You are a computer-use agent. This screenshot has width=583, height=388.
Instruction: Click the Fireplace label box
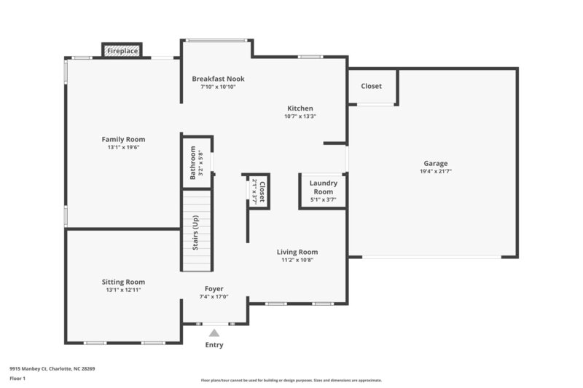click(x=121, y=51)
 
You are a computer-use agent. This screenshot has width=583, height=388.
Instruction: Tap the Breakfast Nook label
click(x=218, y=79)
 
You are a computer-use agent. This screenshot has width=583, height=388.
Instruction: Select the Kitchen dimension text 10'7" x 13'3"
click(x=300, y=116)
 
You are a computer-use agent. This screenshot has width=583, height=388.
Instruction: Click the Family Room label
click(x=123, y=139)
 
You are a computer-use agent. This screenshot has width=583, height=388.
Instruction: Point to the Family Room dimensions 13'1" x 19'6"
click(x=123, y=147)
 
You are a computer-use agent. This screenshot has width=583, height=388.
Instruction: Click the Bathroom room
click(x=196, y=162)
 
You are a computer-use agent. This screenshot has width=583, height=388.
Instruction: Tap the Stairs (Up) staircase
click(x=197, y=230)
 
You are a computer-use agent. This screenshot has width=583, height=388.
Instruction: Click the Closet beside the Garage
click(x=372, y=86)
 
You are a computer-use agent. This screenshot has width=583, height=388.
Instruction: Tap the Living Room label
click(x=297, y=252)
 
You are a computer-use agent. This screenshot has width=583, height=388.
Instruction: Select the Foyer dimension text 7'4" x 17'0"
click(x=214, y=297)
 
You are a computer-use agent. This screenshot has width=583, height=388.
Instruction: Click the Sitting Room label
click(x=123, y=282)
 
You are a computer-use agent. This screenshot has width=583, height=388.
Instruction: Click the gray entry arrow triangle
click(x=214, y=333)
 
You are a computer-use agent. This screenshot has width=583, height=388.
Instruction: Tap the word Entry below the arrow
click(x=214, y=345)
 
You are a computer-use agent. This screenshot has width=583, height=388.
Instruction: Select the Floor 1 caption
click(x=17, y=379)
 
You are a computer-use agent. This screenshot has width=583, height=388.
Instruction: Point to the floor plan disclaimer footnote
click(x=291, y=380)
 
